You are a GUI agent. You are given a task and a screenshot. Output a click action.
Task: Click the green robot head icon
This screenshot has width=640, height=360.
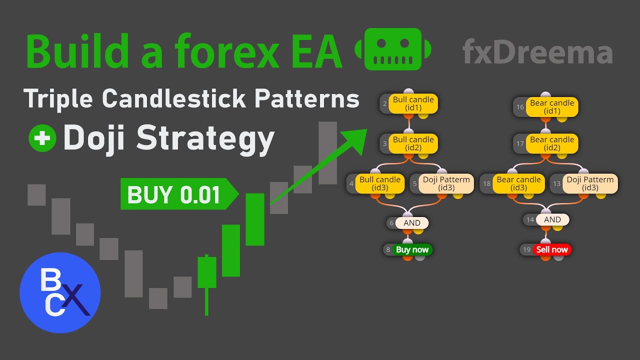[x=392, y=49]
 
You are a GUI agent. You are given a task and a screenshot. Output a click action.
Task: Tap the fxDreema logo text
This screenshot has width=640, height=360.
[x=537, y=52]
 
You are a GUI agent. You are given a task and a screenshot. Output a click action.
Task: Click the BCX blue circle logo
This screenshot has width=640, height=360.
[x=60, y=293]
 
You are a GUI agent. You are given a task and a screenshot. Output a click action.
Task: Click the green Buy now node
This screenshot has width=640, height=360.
[x=412, y=249]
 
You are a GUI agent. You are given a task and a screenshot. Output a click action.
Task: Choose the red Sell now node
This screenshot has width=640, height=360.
[x=552, y=249]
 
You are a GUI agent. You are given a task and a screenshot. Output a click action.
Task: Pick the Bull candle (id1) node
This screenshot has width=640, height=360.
[x=413, y=103]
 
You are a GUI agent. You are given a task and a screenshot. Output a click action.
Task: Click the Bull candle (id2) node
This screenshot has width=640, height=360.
[x=413, y=143]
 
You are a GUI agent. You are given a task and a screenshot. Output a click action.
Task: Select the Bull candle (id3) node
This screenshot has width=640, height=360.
[x=380, y=183]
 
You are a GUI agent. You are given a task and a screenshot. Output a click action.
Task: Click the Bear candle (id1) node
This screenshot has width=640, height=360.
[x=552, y=107]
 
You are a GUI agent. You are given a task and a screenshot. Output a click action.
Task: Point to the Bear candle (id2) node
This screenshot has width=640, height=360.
[x=552, y=143]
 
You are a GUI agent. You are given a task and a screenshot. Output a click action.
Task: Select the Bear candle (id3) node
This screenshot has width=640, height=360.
[x=518, y=183]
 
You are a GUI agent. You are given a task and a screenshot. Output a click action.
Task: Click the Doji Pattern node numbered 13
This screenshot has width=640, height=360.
[x=590, y=183]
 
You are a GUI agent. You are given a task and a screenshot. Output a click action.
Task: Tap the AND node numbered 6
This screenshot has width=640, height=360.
[x=412, y=223]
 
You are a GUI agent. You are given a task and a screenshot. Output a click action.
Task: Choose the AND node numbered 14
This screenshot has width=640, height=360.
[x=552, y=219]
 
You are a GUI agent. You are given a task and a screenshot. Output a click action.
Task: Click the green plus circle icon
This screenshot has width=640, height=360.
[x=42, y=138]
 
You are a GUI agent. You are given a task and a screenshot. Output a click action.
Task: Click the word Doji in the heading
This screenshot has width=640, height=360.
[x=95, y=137]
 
